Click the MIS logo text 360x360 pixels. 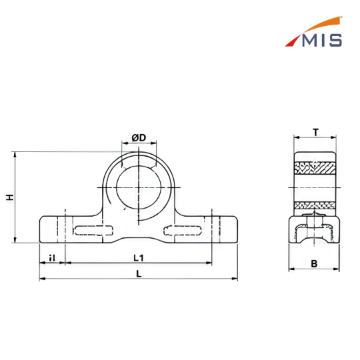click(x=322, y=41)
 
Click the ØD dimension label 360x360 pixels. click(x=139, y=138)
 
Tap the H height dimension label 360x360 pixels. click(x=9, y=197)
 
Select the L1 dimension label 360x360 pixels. click(x=139, y=258)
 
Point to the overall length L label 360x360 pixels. click(x=139, y=274)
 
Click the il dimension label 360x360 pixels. click(x=52, y=258)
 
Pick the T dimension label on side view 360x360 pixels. click(x=316, y=133)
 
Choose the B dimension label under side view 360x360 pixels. click(x=314, y=263)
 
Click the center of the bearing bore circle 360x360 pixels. click(x=139, y=187)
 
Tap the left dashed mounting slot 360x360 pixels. click(x=93, y=231)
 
